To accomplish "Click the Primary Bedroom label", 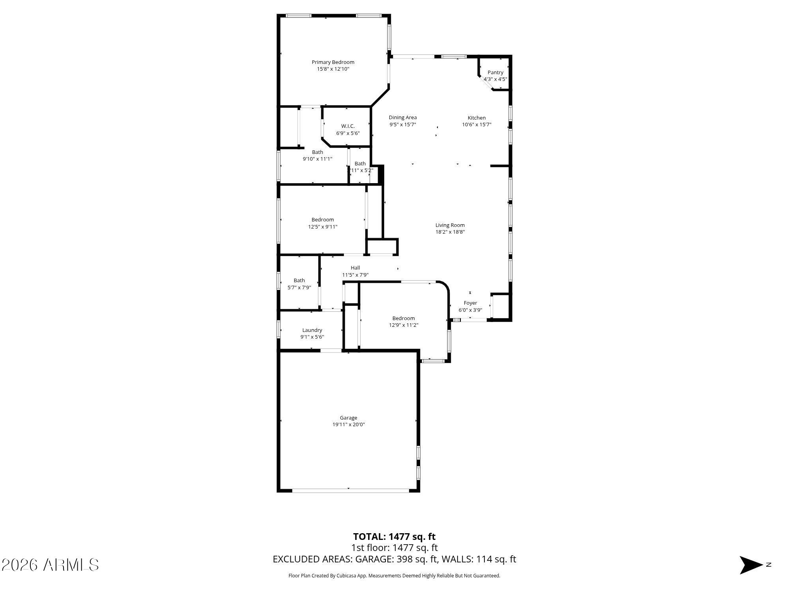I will point(333,62).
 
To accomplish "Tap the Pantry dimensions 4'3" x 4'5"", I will point(495,79).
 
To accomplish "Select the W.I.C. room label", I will point(348,126).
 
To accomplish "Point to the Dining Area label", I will point(402,118).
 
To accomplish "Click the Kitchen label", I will point(477,118).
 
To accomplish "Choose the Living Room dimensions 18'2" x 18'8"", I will point(450,232).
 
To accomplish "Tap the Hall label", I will point(355,268).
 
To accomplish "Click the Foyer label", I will point(470,303).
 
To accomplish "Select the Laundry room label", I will point(312,330).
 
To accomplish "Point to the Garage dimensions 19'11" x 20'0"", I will point(348,425).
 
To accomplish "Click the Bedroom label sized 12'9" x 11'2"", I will point(403,318).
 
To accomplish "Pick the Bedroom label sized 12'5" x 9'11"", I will point(322,220).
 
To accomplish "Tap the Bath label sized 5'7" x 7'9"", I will point(299,281).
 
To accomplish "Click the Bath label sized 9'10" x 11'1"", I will point(317,152).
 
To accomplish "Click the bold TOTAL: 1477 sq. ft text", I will point(394,537).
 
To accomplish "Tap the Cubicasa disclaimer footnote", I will point(394,576).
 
